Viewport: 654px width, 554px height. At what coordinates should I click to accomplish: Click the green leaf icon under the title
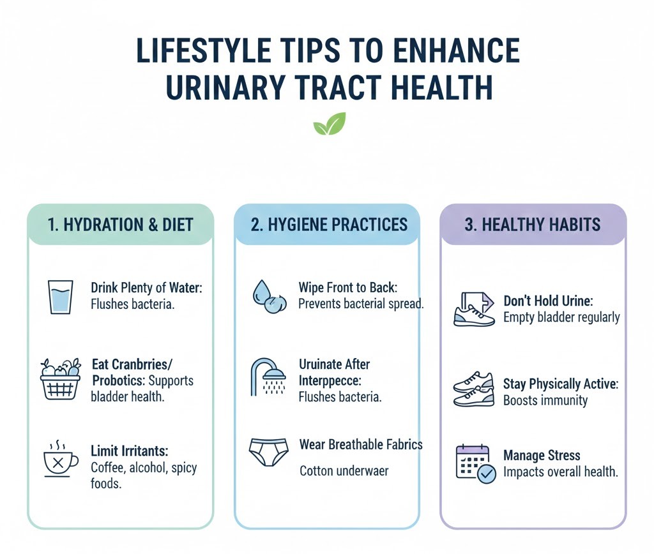click(x=329, y=124)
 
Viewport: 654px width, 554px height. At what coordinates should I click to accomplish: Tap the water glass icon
click(x=61, y=296)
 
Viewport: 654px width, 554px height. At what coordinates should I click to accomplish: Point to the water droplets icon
click(x=266, y=296)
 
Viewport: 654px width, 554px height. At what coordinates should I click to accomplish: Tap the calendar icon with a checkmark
click(x=475, y=463)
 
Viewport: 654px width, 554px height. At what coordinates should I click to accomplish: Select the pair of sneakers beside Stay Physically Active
click(x=473, y=390)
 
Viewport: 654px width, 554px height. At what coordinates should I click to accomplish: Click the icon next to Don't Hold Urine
click(x=473, y=309)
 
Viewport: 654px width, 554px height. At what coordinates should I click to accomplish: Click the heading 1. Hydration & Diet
click(x=121, y=225)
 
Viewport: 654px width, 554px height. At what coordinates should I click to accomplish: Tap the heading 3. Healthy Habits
click(x=532, y=225)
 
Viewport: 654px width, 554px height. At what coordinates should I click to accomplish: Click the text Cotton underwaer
click(x=344, y=472)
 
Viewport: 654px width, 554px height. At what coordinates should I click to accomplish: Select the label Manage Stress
click(x=542, y=456)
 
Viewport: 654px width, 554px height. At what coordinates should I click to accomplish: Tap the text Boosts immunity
click(x=545, y=401)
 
